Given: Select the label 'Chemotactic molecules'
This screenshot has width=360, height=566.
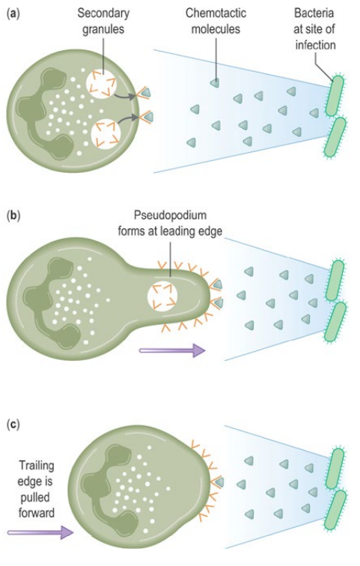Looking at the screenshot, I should tap(216, 21).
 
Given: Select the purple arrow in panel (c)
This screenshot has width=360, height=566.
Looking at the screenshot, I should tap(40, 532).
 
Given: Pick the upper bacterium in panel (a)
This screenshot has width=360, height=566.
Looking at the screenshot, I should tap(333, 96).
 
